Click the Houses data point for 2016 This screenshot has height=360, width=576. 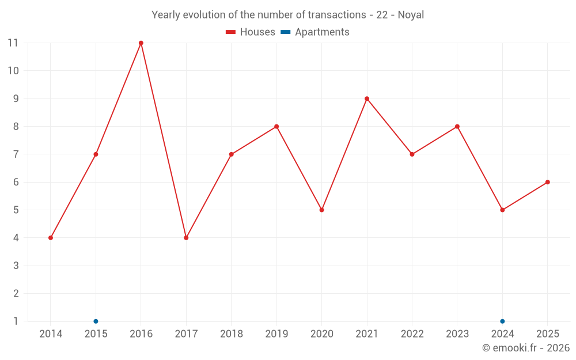point(141,43)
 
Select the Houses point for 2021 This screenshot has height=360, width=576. point(367,98)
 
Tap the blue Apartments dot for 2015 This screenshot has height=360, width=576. point(96,321)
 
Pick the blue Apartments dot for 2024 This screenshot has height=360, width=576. point(502,321)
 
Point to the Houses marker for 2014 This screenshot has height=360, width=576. point(51,238)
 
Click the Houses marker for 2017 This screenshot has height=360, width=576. point(186,238)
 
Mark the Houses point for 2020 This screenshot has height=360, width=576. point(321,210)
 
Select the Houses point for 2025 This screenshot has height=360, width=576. point(547,182)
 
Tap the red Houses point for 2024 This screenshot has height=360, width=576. point(502,210)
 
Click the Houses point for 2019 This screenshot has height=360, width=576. point(276,126)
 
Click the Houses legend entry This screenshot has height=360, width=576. point(251,32)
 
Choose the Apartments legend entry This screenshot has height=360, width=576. point(315,32)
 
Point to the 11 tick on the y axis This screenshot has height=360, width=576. point(13,43)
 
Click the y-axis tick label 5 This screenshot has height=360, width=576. point(16,210)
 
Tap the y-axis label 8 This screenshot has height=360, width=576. point(16,126)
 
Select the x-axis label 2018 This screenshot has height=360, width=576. point(231,334)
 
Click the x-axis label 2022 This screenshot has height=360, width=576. point(412,334)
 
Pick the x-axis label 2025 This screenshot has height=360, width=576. point(547,334)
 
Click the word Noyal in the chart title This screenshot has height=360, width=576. point(411,15)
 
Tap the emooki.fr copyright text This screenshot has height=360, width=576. point(526,348)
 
